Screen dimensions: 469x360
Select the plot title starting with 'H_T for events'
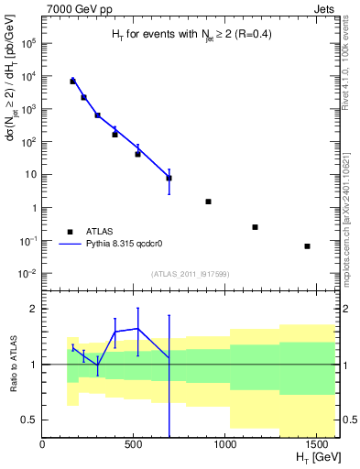[x=191, y=35]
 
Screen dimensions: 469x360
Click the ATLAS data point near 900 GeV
[x=208, y=202]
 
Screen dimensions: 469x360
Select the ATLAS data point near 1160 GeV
[x=255, y=227]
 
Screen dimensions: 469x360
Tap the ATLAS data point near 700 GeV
[x=169, y=178]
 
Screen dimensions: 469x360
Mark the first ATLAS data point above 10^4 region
[x=72, y=82]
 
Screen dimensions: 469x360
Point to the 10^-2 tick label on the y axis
[x=27, y=274]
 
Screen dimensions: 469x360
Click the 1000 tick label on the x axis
[x=225, y=444]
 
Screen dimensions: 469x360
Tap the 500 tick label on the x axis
[x=134, y=444]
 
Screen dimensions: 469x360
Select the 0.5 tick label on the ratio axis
[x=29, y=420]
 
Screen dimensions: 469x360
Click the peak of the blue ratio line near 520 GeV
[x=137, y=328]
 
